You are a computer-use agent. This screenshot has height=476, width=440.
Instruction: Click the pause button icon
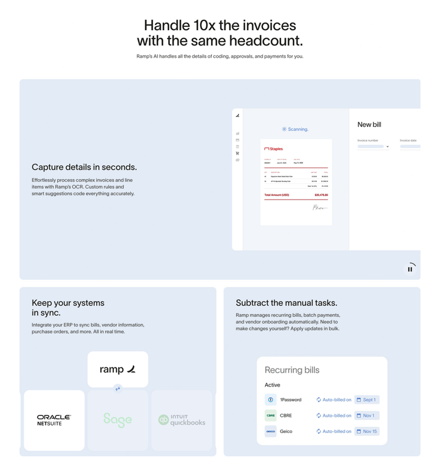pos(410,269)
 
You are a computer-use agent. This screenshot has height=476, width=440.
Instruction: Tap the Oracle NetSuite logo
pos(54,420)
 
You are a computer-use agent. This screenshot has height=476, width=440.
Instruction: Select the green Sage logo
pos(118,420)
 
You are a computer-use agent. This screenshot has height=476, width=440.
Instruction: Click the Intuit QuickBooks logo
pos(182,420)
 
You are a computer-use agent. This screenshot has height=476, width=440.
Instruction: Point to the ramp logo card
pos(118,369)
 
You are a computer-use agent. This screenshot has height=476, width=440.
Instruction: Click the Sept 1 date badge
pos(367,400)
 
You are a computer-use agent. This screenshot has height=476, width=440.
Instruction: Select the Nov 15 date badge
pos(367,431)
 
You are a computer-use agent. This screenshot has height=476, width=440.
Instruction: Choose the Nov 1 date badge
pos(367,415)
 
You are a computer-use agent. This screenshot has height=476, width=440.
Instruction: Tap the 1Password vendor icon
pos(270,400)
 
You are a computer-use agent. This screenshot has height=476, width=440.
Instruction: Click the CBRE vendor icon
pos(270,415)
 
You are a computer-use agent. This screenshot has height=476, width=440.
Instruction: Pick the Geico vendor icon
pos(270,431)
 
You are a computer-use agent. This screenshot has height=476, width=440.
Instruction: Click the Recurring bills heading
pos(291,370)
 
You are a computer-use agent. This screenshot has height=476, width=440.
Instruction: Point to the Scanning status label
pos(295,129)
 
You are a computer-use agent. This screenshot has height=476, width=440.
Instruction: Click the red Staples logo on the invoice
pos(273,149)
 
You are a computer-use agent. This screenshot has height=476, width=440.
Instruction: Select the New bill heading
pos(369,125)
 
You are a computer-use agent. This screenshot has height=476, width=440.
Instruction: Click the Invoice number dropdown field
pos(373,147)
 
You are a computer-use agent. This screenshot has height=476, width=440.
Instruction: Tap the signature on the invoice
pos(320,208)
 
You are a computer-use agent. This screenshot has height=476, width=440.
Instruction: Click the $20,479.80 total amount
pos(321,195)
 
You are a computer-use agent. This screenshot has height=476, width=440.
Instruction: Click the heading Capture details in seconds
pos(84,167)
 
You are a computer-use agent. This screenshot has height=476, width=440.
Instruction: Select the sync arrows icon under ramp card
pos(118,388)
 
